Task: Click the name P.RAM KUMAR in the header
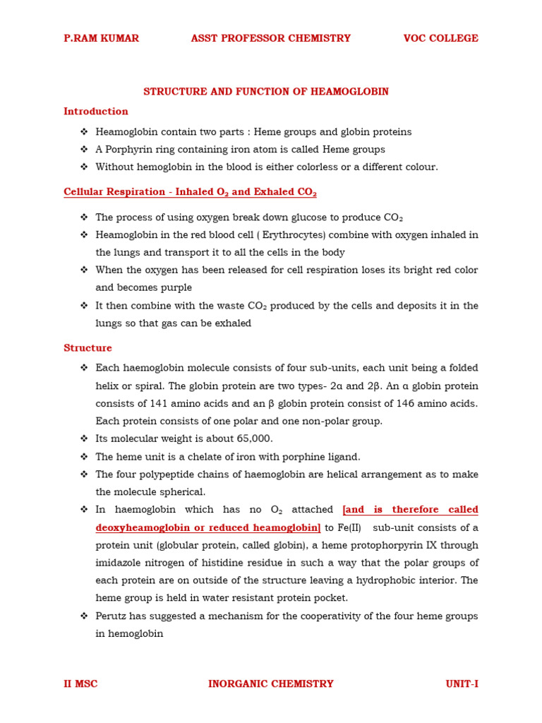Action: [101, 38]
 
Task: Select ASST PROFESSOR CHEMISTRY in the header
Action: [270, 38]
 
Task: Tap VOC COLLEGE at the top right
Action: [440, 38]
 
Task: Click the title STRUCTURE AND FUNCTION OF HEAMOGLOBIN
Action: [266, 92]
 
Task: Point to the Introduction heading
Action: [96, 111]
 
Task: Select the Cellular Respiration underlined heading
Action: [190, 192]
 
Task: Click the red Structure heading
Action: [88, 348]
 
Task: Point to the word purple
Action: [176, 288]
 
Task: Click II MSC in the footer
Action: [80, 683]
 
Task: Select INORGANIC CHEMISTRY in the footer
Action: [271, 683]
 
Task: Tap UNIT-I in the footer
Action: [462, 683]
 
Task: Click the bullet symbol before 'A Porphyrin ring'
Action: [84, 150]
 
